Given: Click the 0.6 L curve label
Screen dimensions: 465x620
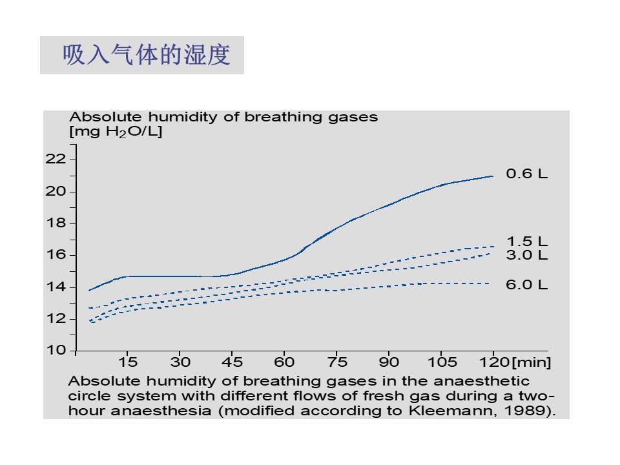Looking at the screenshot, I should [526, 174].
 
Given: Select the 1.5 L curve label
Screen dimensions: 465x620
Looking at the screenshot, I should [526, 242].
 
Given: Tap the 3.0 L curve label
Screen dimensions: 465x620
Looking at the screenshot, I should [526, 254].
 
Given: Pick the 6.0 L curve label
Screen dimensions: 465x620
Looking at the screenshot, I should [526, 285].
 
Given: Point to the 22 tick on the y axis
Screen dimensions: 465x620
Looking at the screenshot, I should [56, 159].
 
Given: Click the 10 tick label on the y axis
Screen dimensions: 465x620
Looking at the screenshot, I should [56, 350].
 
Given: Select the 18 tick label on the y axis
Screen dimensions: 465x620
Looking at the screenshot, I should [56, 223].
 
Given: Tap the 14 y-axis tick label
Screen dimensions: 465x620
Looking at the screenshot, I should [56, 287].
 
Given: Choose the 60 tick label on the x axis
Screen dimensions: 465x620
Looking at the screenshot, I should [285, 362].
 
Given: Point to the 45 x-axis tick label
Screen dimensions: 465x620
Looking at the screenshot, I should [232, 362].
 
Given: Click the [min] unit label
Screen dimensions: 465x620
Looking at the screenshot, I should [532, 362].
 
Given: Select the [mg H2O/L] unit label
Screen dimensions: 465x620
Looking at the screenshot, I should [116, 132].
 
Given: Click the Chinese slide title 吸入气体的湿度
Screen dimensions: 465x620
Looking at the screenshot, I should [147, 56].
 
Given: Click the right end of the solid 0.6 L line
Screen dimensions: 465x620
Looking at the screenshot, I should [493, 176].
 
